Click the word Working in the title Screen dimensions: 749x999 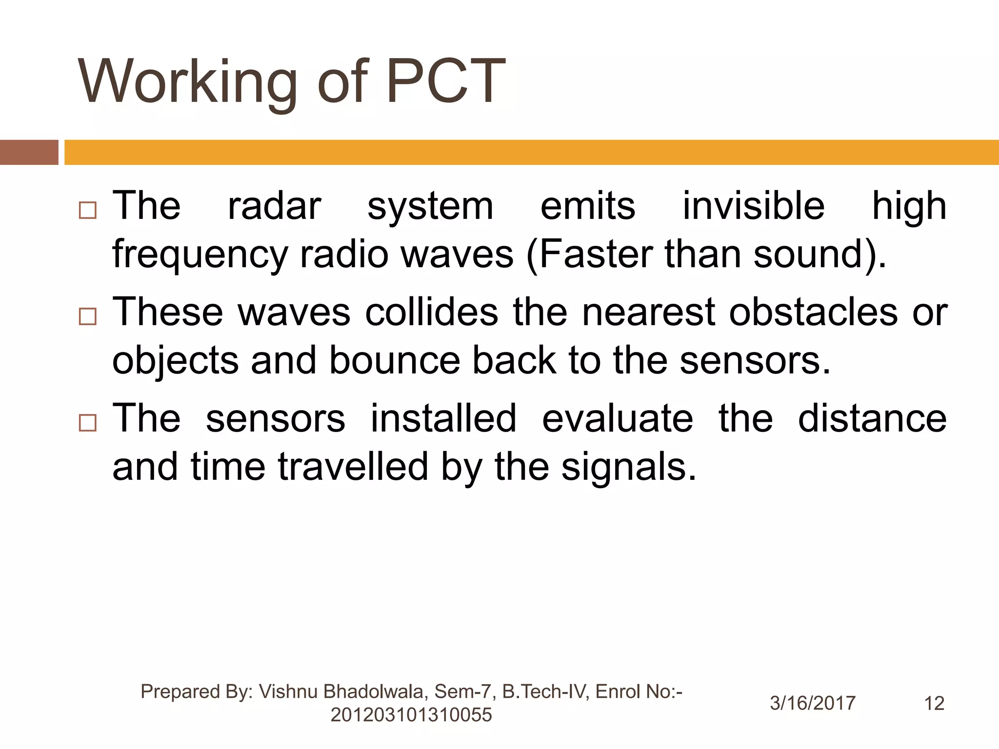click(187, 82)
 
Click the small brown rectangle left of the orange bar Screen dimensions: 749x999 click(29, 152)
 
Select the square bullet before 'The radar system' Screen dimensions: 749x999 click(87, 211)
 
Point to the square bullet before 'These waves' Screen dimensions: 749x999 click(87, 317)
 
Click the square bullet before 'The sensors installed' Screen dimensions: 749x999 click(87, 423)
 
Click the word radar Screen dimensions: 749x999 click(274, 206)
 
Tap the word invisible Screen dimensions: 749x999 click(753, 206)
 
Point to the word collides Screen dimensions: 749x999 click(432, 312)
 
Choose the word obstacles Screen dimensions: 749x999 click(813, 312)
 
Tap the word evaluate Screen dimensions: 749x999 click(617, 418)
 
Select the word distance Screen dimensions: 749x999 click(872, 418)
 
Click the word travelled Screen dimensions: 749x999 click(353, 467)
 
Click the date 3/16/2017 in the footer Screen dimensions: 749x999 click(813, 703)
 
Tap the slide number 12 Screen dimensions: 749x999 click(934, 703)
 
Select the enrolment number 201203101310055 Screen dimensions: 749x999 click(411, 715)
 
